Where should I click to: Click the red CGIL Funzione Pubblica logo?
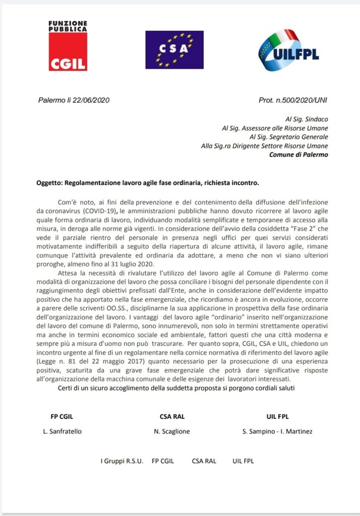(x=68, y=46)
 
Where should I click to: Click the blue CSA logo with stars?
(x=174, y=50)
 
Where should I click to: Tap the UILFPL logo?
(x=288, y=50)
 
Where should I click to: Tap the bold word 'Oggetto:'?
(x=52, y=182)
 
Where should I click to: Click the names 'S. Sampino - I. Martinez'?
(x=277, y=431)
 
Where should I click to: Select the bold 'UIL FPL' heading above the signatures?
(x=277, y=416)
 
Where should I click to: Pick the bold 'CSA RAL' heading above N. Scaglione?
(x=173, y=416)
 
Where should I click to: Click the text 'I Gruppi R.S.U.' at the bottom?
(x=122, y=461)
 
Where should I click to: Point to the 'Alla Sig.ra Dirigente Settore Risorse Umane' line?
(x=264, y=146)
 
